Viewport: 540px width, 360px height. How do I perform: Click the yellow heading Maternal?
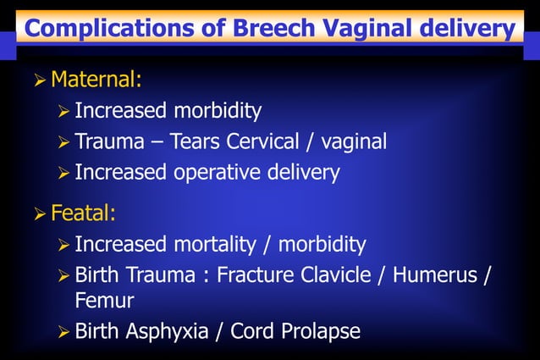[x=96, y=80]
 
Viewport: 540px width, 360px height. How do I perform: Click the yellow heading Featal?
[x=82, y=213]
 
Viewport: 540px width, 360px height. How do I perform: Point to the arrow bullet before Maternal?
[x=39, y=81]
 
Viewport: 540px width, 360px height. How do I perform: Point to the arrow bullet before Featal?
[x=39, y=213]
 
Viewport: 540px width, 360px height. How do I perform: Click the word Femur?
[x=104, y=300]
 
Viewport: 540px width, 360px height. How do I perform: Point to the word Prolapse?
[x=317, y=331]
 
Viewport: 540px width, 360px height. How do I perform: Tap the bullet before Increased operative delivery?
[x=63, y=174]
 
